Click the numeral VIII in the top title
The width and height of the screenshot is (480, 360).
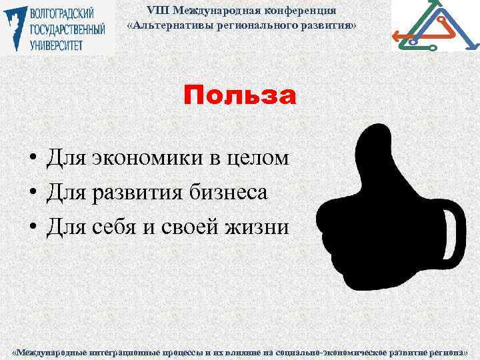[156, 11]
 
